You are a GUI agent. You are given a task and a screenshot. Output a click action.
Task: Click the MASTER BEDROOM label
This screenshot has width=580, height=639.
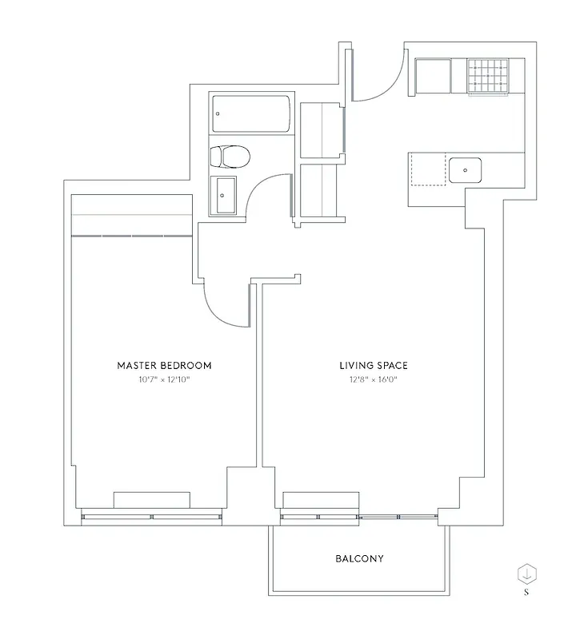(x=164, y=366)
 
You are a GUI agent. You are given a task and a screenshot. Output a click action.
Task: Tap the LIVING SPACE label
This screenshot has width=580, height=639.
(x=373, y=366)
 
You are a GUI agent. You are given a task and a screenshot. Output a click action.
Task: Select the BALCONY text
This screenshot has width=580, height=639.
(x=359, y=558)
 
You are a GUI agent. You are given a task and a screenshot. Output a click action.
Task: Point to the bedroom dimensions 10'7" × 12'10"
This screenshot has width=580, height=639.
(x=164, y=380)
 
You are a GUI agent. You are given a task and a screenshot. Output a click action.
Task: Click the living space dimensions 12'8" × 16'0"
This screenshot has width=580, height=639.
(x=373, y=380)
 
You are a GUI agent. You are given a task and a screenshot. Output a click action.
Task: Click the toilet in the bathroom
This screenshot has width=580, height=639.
(x=230, y=155)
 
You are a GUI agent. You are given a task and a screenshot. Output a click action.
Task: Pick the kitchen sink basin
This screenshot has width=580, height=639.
(x=465, y=169)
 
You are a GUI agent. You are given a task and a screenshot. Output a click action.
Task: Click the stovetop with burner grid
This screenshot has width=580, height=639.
(x=487, y=76)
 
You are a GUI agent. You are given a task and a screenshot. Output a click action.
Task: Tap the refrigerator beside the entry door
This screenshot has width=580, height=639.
(x=433, y=77)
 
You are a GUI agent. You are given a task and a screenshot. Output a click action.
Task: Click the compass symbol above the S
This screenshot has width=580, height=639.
(x=527, y=573)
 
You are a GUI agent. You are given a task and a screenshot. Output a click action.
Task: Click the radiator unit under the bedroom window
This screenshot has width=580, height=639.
(x=151, y=500)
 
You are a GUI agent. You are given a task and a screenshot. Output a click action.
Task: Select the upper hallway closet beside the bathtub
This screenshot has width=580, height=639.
(x=321, y=130)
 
